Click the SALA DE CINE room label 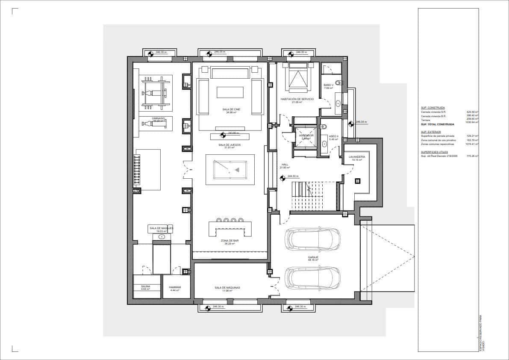pyautogui.click(x=231, y=110)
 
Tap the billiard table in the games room pyautogui.click(x=230, y=169)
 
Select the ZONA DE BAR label pyautogui.click(x=229, y=241)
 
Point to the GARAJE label pyautogui.click(x=313, y=258)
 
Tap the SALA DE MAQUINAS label pyautogui.click(x=227, y=288)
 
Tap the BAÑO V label pyautogui.click(x=328, y=85)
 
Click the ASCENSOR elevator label pyautogui.click(x=306, y=136)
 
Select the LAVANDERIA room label pyautogui.click(x=357, y=157)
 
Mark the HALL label pyautogui.click(x=285, y=165)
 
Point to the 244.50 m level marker pyautogui.click(x=292, y=176)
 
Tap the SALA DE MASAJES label pyautogui.click(x=161, y=229)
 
